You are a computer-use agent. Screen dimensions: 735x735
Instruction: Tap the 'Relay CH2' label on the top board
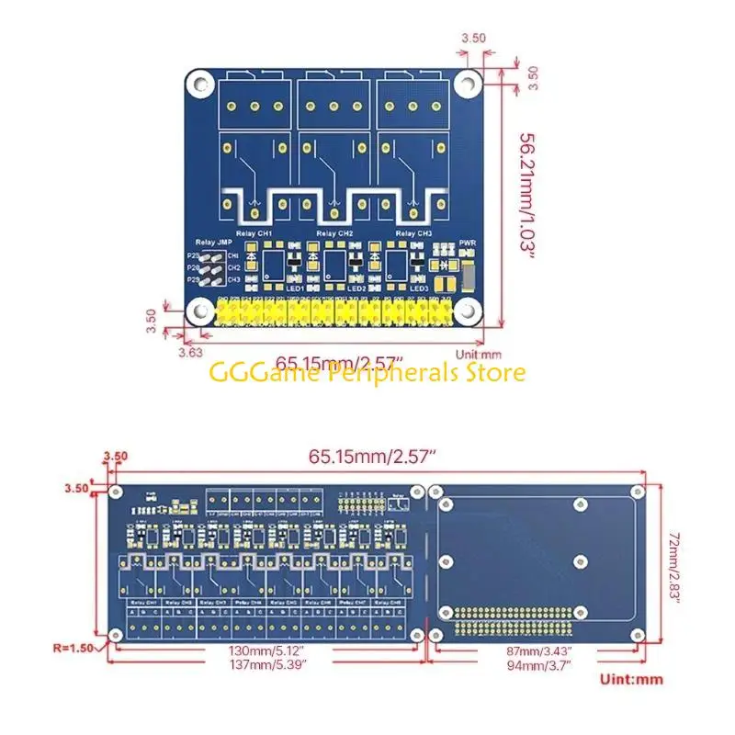[334, 235]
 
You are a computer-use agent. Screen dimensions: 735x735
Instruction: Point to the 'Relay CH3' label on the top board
[414, 235]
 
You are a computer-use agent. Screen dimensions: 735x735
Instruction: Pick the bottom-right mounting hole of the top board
[469, 312]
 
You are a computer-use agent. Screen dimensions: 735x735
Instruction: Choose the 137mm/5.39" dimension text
[266, 663]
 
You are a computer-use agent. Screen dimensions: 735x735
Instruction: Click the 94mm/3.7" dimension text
[539, 663]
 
